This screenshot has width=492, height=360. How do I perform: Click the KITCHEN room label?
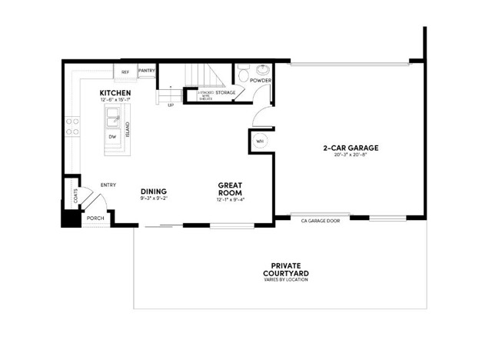(115, 93)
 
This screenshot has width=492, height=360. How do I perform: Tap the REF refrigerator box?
(125, 72)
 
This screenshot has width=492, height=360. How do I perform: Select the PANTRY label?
(147, 71)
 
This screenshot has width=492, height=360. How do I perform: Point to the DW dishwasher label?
(112, 137)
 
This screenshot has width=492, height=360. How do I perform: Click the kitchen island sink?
(114, 118)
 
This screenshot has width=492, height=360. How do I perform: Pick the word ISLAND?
(128, 129)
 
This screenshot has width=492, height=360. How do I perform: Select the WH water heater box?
(260, 141)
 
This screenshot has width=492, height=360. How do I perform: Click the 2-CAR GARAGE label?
(351, 148)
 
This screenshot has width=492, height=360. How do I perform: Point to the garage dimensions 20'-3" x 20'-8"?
(351, 155)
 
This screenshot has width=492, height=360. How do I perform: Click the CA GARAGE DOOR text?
(321, 221)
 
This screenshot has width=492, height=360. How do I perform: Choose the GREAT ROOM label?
(231, 189)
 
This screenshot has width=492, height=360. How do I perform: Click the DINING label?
(154, 191)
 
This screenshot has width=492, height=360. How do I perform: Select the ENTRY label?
(108, 185)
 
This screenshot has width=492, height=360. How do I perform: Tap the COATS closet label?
(75, 197)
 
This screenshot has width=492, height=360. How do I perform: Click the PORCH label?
(95, 218)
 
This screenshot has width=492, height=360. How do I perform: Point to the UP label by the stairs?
(170, 105)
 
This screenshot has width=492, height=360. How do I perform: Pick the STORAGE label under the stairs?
(225, 92)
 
